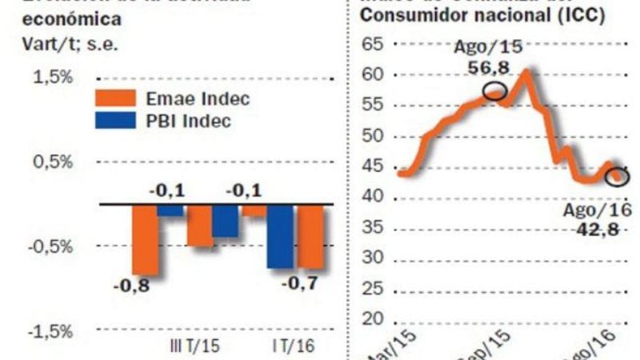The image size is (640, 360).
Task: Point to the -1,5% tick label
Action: tap(51, 331)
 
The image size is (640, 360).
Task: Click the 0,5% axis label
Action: tap(54, 162)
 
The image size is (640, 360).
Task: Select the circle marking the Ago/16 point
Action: tap(617, 175)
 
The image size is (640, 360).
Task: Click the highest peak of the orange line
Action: tap(526, 72)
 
